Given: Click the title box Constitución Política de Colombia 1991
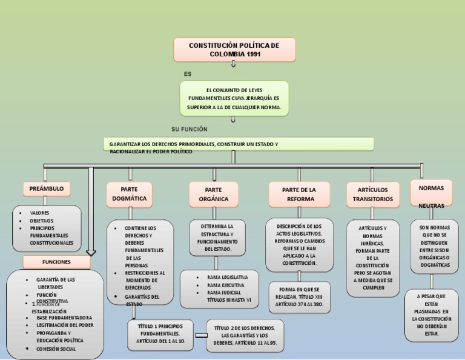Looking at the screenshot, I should tap(234, 50).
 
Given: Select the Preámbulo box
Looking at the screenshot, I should tap(47, 189).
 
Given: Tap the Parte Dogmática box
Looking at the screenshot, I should tap(129, 194).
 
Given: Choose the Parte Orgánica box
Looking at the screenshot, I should tap(213, 194).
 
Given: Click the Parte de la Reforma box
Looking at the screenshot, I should tap(300, 194).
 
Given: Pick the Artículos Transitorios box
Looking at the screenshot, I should tap(372, 194).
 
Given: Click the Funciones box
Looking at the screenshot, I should tap(56, 262).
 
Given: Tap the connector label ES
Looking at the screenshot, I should tap(188, 74).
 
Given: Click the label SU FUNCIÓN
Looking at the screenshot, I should tap(190, 129).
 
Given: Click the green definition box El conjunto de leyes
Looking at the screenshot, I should tap(234, 98).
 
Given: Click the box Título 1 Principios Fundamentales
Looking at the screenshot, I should tap(160, 334).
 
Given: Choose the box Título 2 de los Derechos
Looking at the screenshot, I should tap(245, 336).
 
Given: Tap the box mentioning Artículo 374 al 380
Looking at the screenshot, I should tap(300, 297).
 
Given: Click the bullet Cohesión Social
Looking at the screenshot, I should tap(56, 348).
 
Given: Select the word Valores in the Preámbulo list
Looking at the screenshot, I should tap(40, 213).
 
